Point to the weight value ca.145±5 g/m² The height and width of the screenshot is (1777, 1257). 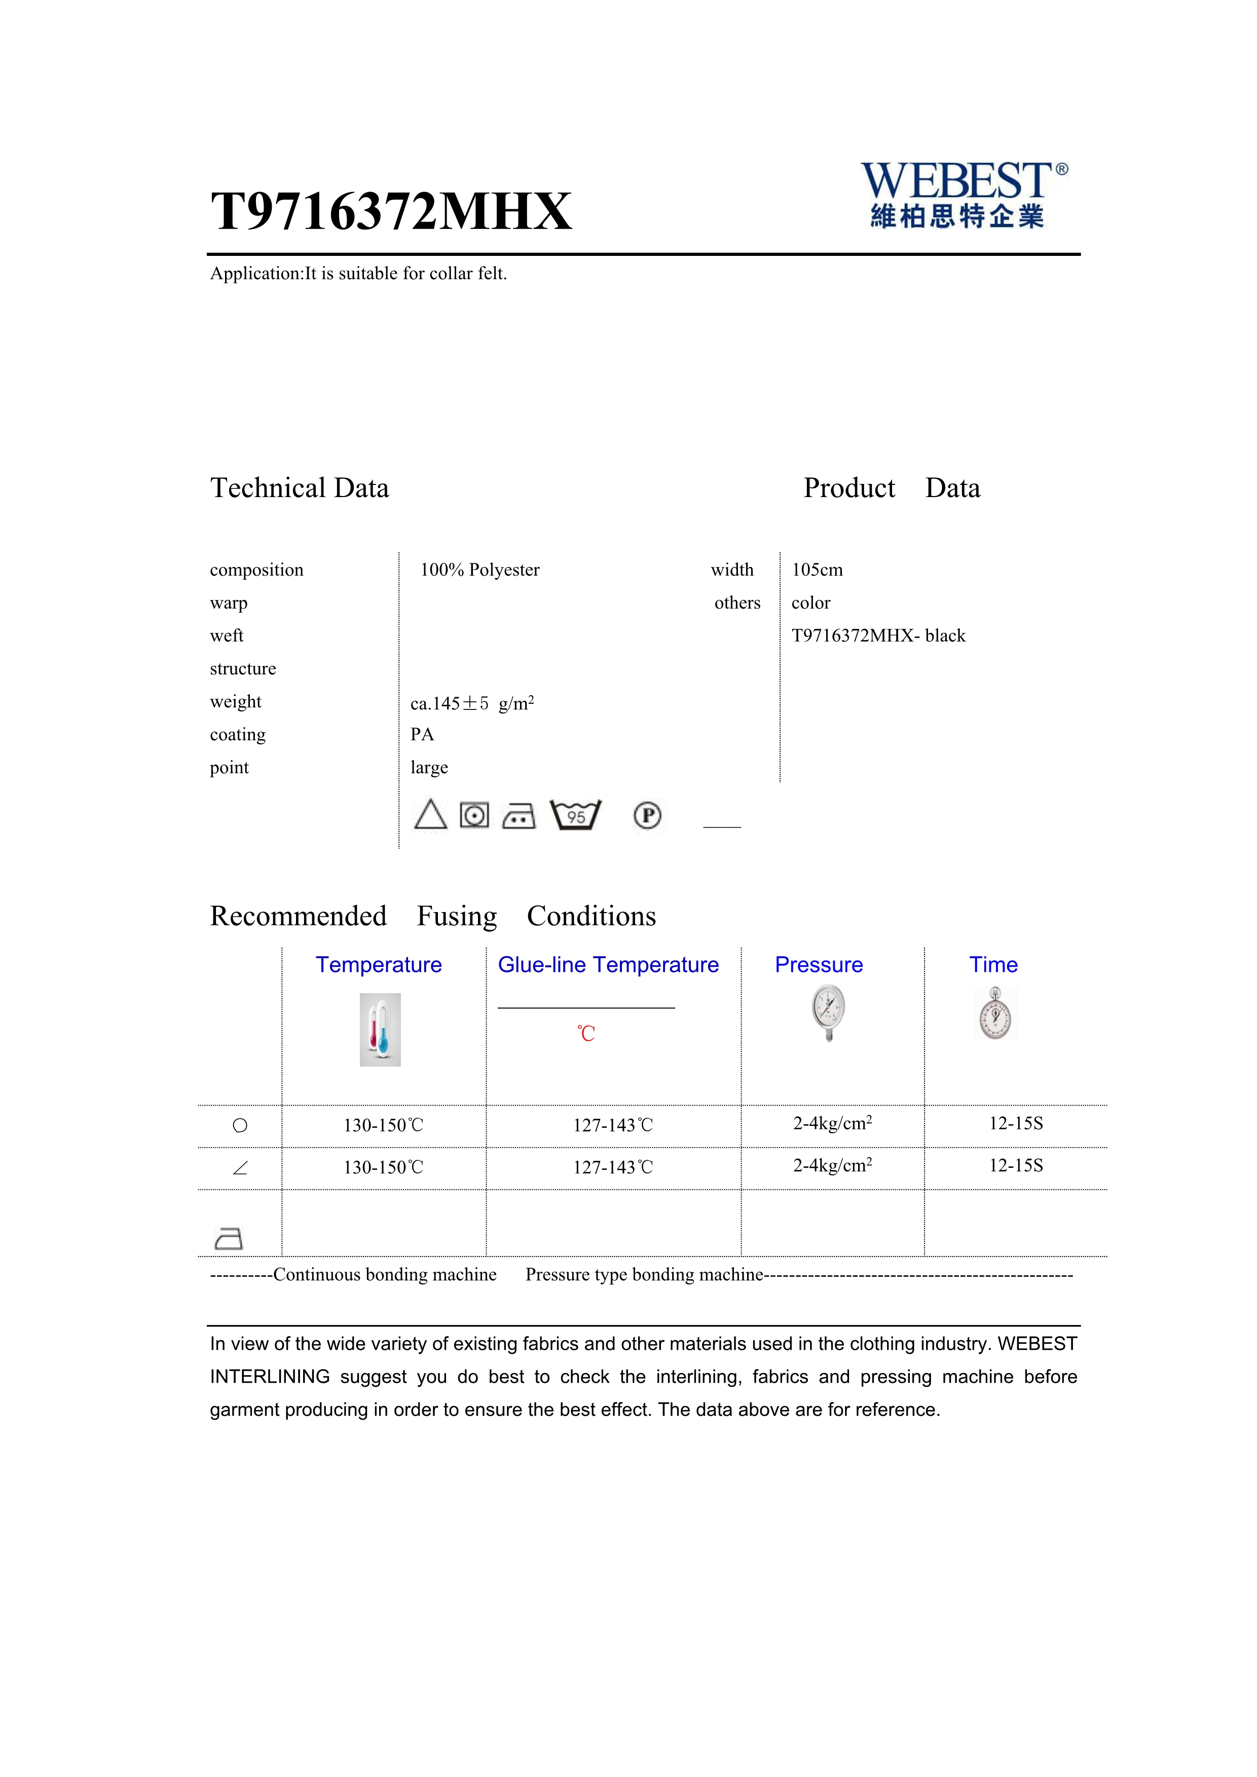click(x=471, y=703)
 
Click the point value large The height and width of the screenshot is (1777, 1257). click(x=429, y=768)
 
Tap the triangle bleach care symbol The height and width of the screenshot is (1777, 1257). click(x=430, y=815)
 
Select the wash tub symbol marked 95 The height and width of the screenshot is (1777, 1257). click(x=575, y=815)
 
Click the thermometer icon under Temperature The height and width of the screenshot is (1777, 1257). click(x=380, y=1029)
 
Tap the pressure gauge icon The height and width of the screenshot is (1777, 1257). click(x=828, y=1012)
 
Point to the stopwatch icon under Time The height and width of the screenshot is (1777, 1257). click(x=995, y=1013)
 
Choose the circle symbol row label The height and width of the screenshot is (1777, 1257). click(x=240, y=1126)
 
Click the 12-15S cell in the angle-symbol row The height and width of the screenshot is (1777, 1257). click(x=1016, y=1165)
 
